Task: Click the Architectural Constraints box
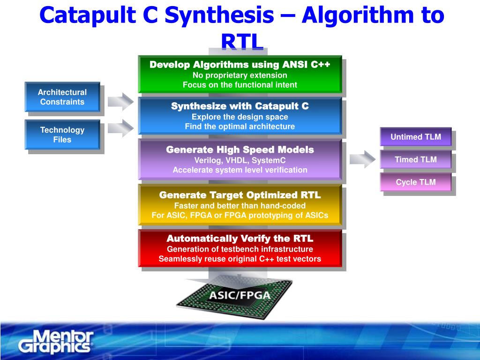pyautogui.click(x=62, y=97)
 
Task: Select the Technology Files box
pyautogui.click(x=62, y=135)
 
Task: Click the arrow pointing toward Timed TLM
pyautogui.click(x=362, y=159)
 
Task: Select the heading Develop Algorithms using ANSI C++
pyautogui.click(x=240, y=65)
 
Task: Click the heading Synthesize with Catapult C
pyautogui.click(x=240, y=106)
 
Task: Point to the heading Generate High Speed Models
pyautogui.click(x=240, y=150)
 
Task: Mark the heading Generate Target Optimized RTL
pyautogui.click(x=240, y=195)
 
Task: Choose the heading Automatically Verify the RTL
pyautogui.click(x=240, y=239)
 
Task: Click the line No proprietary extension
pyautogui.click(x=240, y=75)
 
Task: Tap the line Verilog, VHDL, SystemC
pyautogui.click(x=240, y=160)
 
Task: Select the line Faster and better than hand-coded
pyautogui.click(x=240, y=206)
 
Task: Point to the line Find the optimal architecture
pyautogui.click(x=240, y=127)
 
